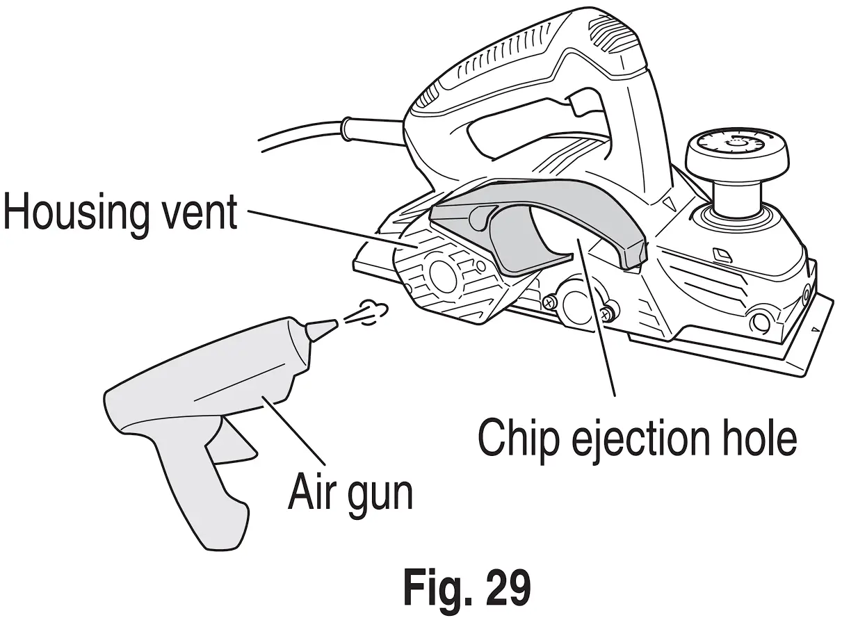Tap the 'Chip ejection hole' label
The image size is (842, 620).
(637, 436)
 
